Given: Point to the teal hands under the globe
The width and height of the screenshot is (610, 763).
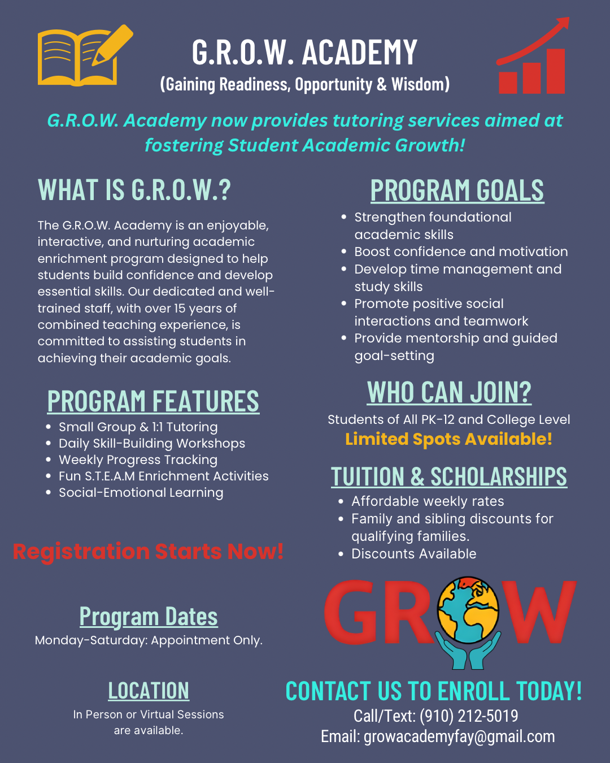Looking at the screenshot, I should tap(468, 652).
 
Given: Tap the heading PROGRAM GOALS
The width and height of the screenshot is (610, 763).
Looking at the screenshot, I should tap(457, 190).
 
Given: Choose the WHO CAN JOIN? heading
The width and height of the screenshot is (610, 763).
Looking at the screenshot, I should tap(449, 392).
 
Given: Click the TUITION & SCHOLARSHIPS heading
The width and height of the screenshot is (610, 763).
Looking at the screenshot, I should tap(449, 476).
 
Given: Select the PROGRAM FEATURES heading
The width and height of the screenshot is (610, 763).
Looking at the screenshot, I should tap(153, 401).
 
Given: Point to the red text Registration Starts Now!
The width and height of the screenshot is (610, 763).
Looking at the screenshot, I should tap(148, 552).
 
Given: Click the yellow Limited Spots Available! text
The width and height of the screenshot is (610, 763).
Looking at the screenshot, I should tap(448, 439).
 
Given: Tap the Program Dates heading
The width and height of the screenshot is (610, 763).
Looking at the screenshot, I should tap(149, 616).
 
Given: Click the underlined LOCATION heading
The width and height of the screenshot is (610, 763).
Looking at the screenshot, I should tap(149, 691).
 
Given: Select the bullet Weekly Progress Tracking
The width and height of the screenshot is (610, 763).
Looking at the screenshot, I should tap(138, 460).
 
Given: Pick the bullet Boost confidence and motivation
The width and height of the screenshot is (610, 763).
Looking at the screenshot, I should tap(461, 252).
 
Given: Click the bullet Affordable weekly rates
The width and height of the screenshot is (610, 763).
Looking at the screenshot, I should tap(428, 501).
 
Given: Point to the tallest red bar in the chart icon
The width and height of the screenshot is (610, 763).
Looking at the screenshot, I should tap(555, 71).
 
